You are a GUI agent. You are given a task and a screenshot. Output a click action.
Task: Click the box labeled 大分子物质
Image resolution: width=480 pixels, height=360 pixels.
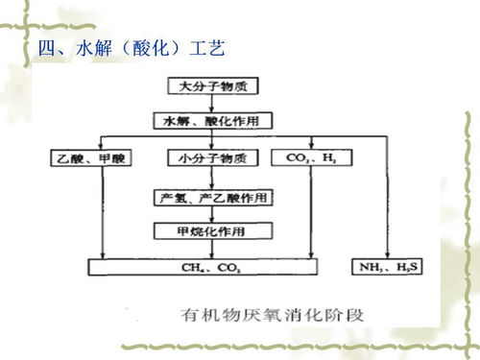212,86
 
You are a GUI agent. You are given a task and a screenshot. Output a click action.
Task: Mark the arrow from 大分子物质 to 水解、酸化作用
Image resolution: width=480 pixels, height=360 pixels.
212,104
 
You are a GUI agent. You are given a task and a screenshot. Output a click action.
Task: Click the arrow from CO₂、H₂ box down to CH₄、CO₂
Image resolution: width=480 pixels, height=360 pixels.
310,211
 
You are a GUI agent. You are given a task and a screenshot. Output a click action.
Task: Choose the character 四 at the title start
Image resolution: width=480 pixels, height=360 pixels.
44,47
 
